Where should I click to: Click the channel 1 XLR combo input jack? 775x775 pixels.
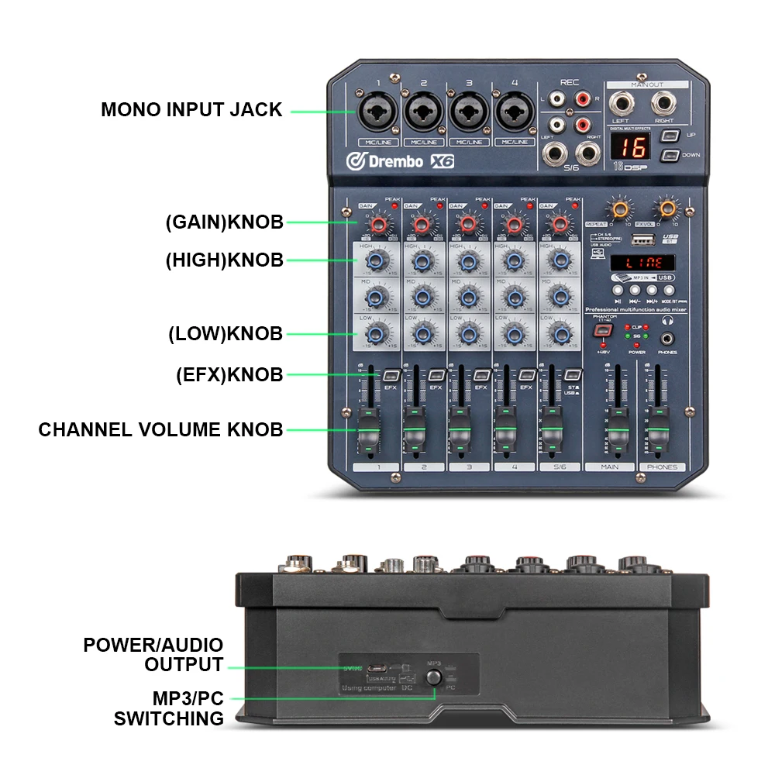click(x=375, y=112)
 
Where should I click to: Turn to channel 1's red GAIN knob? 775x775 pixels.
click(x=378, y=226)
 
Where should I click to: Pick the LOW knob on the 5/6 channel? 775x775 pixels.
click(x=558, y=333)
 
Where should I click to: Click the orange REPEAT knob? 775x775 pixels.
click(x=618, y=208)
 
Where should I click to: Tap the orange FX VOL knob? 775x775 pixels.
click(x=665, y=208)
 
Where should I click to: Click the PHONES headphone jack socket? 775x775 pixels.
click(x=667, y=339)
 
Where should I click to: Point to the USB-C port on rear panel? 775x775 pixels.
click(x=377, y=668)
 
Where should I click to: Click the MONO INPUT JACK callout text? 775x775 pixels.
click(x=191, y=110)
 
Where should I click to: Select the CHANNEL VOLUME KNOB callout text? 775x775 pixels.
click(x=160, y=429)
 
